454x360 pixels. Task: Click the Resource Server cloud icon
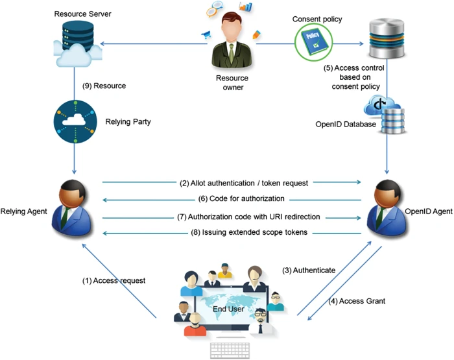[x=78, y=44]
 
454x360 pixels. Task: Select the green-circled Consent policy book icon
[x=313, y=42]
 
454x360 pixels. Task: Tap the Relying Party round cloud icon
[x=75, y=122]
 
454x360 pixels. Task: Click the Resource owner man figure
[x=232, y=40]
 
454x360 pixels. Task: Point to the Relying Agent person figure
[x=72, y=208]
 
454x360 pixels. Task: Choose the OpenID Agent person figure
[x=387, y=208]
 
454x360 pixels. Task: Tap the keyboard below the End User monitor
[x=230, y=350]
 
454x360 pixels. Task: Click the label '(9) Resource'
[x=104, y=86]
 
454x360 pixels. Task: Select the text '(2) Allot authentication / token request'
[x=244, y=183]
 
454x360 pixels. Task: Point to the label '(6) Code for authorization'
[x=241, y=198]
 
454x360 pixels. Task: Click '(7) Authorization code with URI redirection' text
[x=248, y=217]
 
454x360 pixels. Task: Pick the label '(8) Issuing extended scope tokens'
[x=249, y=232]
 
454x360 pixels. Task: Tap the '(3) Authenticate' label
[x=309, y=270]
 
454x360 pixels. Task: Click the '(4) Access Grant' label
[x=357, y=301]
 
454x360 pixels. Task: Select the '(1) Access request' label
[x=113, y=281]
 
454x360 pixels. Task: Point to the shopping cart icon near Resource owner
[x=206, y=35]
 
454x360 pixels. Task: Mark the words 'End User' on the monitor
[x=228, y=309]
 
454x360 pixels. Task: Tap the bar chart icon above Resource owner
[x=246, y=6]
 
